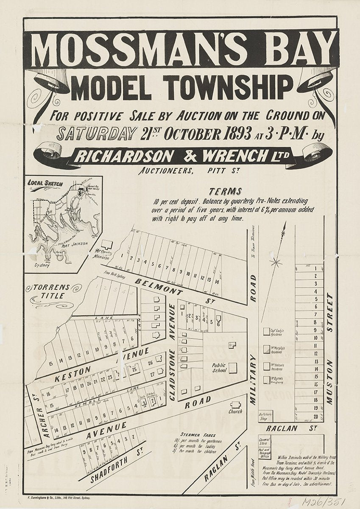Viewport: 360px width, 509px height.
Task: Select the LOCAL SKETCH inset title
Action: [45, 184]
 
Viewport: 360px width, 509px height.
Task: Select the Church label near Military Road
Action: [235, 411]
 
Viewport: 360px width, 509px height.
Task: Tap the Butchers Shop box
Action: [265, 416]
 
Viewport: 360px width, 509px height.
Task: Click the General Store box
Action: [265, 442]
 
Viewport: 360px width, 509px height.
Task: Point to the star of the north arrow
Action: [276, 263]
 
